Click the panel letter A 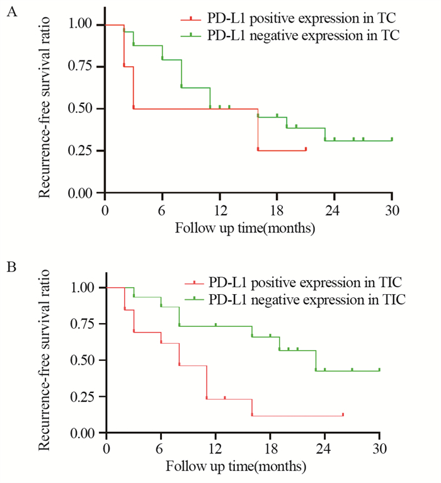coord(11,13)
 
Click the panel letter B coord(11,268)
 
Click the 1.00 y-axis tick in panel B coord(86,287)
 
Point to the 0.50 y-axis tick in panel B coord(86,360)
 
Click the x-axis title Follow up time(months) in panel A coord(246,227)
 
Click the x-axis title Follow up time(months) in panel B coord(237,467)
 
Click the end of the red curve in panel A coord(306,149)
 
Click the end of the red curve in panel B coord(343,415)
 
